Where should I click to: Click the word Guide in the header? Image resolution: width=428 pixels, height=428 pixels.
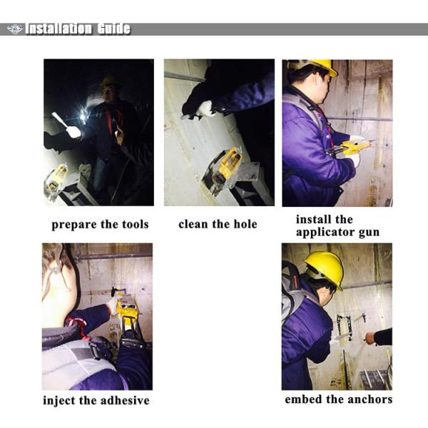coord(113,29)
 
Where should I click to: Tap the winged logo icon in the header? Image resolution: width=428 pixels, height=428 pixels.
coord(15,29)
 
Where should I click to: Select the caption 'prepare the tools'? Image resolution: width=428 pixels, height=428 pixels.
coord(100,225)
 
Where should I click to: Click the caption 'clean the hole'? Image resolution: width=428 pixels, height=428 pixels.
coord(218,225)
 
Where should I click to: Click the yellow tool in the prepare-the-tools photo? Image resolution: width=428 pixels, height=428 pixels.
coord(56,178)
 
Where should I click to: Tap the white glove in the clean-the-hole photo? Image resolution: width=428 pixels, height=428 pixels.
coord(205,108)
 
